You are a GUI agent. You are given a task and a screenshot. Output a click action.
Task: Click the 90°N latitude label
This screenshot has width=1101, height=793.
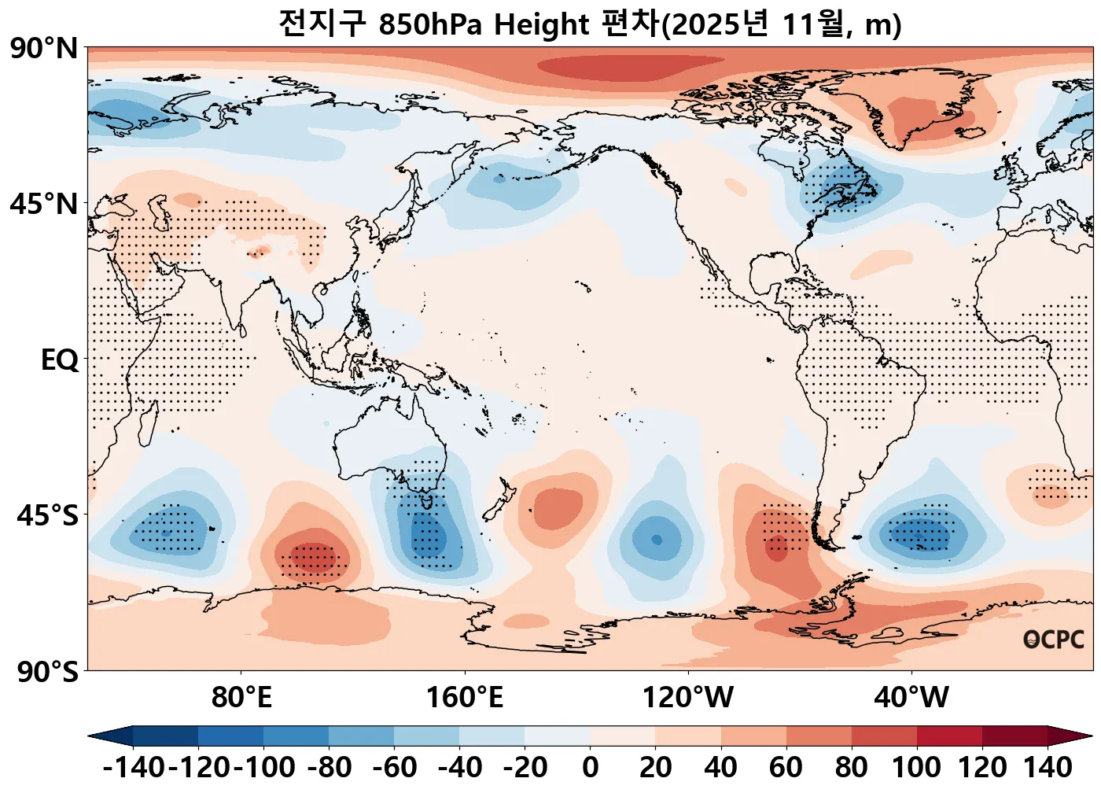pyautogui.click(x=45, y=49)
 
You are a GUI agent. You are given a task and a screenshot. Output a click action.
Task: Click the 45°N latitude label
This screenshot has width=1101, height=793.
pyautogui.click(x=45, y=205)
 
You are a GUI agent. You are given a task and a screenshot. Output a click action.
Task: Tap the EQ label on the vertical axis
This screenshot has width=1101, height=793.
pyautogui.click(x=60, y=360)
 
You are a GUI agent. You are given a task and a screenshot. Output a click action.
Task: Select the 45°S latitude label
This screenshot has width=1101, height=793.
pyautogui.click(x=47, y=516)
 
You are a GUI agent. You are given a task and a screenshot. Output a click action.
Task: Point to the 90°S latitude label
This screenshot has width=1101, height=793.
pyautogui.click(x=47, y=673)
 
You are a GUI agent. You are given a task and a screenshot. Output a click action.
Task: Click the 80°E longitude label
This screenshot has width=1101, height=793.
pyautogui.click(x=241, y=698)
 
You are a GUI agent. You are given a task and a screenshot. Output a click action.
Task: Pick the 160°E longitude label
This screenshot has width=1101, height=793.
pyautogui.click(x=465, y=698)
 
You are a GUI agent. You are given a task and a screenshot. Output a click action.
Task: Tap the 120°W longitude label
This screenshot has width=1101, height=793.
pyautogui.click(x=688, y=698)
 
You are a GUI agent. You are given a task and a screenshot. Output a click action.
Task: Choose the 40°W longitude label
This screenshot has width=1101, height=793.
pyautogui.click(x=911, y=698)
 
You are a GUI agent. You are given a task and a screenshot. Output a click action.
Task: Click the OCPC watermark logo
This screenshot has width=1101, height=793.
pyautogui.click(x=1054, y=640)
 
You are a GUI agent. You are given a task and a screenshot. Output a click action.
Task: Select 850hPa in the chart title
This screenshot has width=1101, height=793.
pyautogui.click(x=429, y=25)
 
